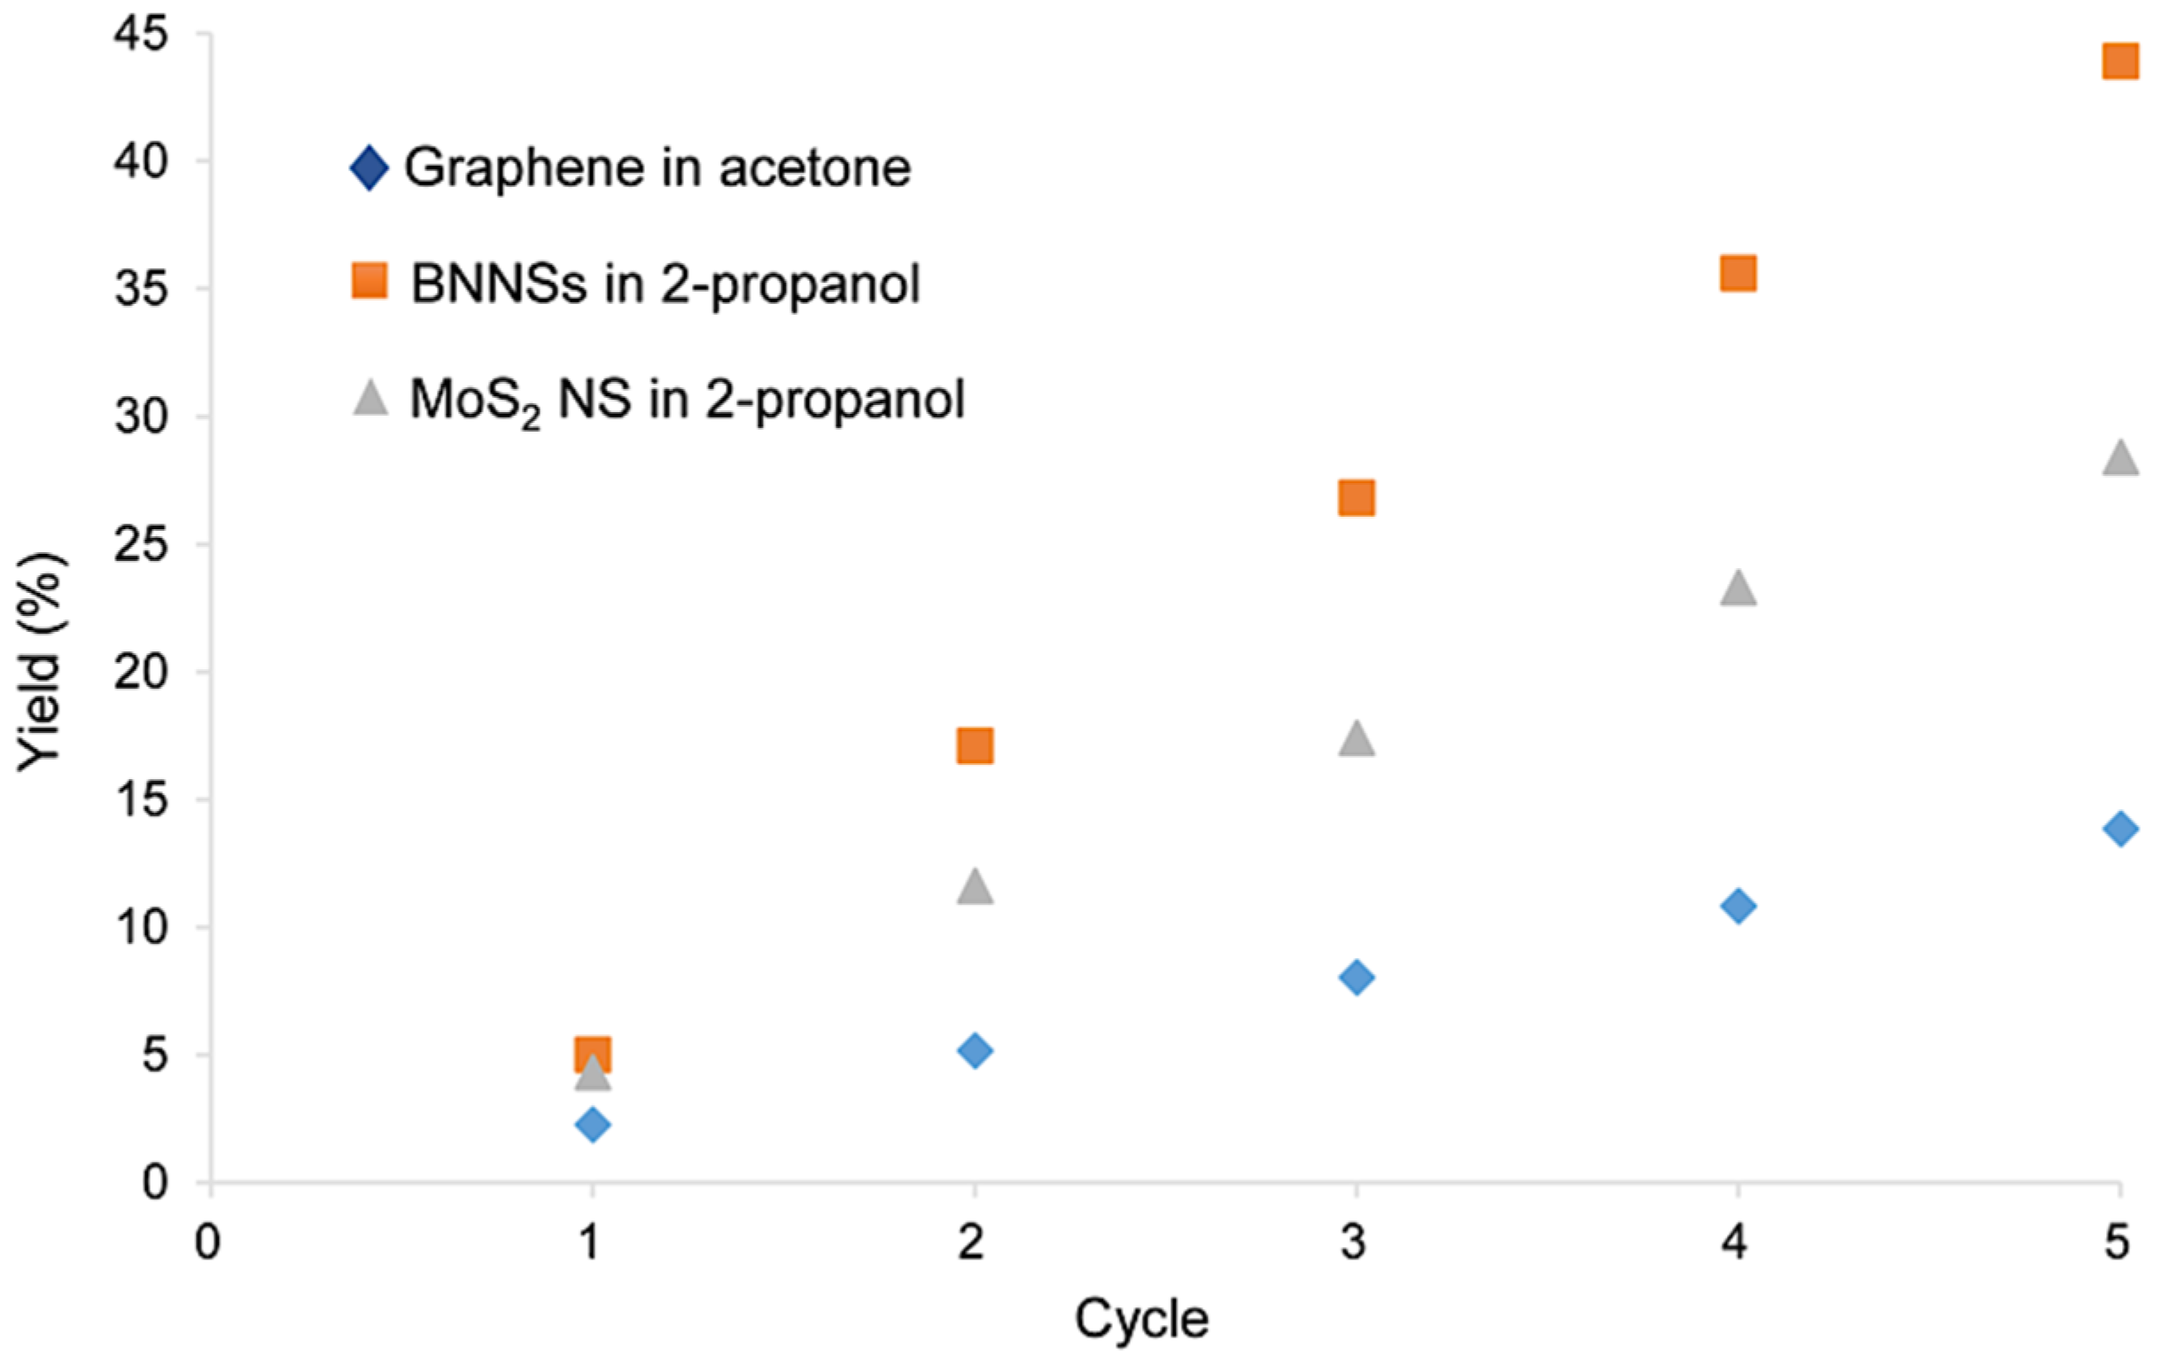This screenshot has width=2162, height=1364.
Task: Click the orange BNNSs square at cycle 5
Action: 2119,62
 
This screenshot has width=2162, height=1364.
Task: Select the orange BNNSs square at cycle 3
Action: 1356,497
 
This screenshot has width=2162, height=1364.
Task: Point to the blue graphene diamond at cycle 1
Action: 593,1124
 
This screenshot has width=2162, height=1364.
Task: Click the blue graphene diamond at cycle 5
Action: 2119,829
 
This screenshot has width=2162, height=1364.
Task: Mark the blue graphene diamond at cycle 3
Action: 1356,977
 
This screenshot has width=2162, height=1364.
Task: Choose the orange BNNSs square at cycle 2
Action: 975,745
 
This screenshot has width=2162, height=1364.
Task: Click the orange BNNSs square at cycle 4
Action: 1738,274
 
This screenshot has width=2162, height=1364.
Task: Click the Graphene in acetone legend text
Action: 657,168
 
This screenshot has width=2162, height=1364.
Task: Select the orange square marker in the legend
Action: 369,281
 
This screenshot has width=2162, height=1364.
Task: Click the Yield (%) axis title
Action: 40,663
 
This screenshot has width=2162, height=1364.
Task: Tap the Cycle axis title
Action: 1141,1319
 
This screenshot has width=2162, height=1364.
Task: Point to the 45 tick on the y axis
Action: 142,35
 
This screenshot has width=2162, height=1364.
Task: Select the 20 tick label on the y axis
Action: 142,672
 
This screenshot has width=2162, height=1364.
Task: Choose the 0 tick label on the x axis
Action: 208,1243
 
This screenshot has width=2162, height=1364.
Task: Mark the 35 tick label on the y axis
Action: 142,289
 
